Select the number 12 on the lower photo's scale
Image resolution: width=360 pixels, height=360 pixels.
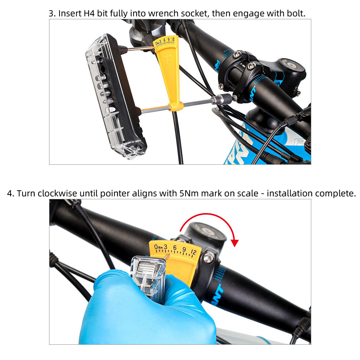click(x=193, y=252)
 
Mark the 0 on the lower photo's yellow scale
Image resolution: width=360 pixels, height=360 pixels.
click(x=156, y=248)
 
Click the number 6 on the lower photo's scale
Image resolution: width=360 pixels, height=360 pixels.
click(x=175, y=248)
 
